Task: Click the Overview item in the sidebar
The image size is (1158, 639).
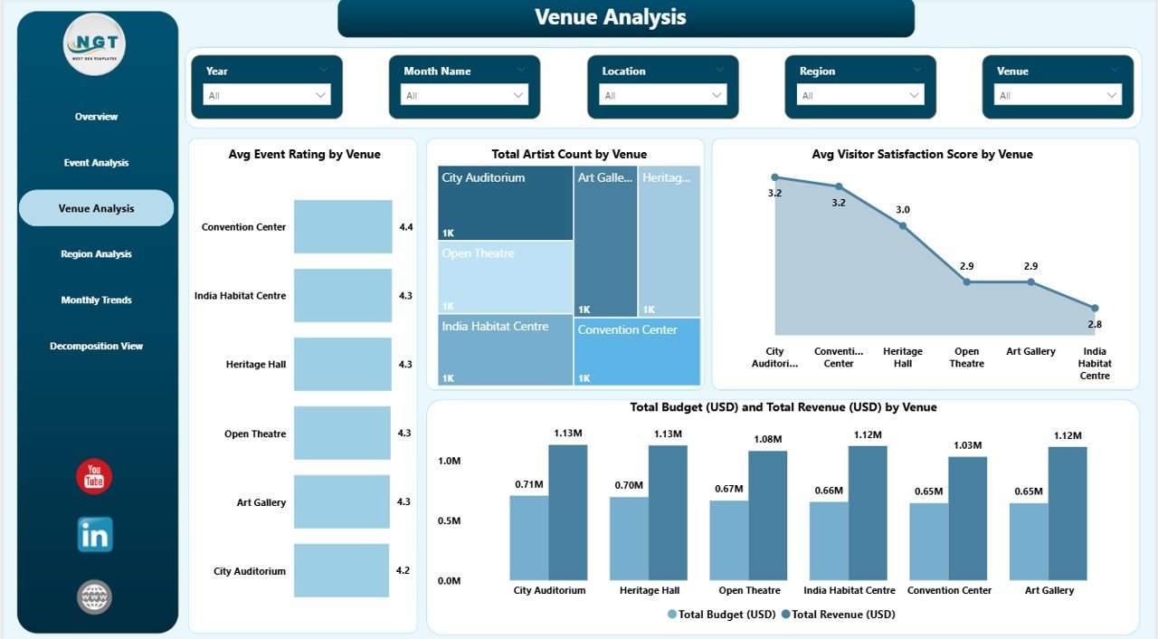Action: click(96, 117)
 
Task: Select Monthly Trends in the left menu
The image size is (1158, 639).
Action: click(96, 300)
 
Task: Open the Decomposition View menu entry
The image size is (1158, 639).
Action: click(96, 346)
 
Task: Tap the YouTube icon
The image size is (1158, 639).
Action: click(94, 477)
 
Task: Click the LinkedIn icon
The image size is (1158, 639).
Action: click(95, 535)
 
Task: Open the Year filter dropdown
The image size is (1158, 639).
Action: click(267, 95)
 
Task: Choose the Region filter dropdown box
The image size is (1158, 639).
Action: click(859, 95)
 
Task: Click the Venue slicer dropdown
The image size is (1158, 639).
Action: click(1058, 95)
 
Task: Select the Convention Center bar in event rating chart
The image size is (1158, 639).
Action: click(343, 227)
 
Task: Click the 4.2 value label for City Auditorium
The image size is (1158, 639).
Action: click(403, 571)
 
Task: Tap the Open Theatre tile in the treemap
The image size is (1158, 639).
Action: click(505, 277)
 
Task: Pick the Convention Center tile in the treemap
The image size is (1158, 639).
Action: click(637, 351)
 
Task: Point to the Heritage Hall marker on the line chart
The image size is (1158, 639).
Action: click(903, 225)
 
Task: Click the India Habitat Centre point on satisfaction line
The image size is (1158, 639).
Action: click(1094, 309)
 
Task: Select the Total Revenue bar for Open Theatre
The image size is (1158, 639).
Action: click(768, 515)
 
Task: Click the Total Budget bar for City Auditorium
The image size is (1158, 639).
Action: click(528, 538)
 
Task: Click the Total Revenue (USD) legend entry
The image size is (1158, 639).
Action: click(837, 615)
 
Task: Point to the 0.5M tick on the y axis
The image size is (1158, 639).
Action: click(449, 520)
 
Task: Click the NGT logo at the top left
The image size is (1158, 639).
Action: click(94, 44)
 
